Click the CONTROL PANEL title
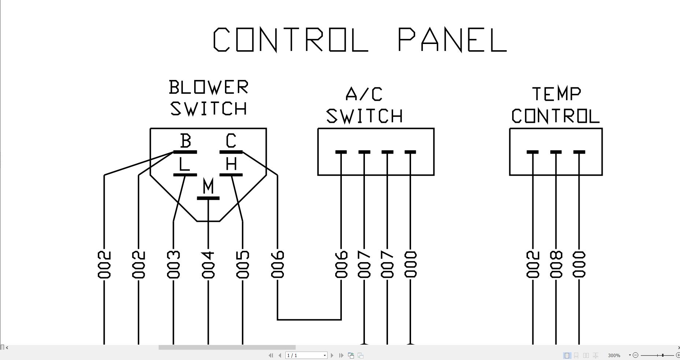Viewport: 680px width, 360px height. click(360, 40)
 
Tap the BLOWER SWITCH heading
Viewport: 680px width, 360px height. click(208, 98)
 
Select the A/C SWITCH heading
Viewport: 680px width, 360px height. click(365, 106)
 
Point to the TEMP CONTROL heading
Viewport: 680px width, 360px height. click(555, 106)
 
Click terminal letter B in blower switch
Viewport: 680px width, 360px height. click(186, 141)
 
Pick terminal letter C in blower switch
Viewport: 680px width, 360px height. click(231, 141)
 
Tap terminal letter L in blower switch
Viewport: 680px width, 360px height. click(184, 164)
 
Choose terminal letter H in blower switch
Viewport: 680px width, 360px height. click(231, 164)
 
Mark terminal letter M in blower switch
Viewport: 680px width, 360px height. click(208, 186)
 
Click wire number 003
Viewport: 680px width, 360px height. click(173, 265)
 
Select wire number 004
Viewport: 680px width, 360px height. click(208, 265)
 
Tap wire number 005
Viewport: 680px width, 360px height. click(243, 265)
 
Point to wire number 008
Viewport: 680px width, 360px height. click(556, 265)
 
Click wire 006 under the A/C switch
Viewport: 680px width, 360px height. click(341, 265)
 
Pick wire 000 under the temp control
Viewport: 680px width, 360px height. click(579, 265)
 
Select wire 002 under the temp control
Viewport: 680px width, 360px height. click(533, 265)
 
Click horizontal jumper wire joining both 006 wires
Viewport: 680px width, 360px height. click(309, 320)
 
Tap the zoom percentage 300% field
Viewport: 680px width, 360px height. click(614, 355)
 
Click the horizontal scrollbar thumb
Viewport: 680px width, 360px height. click(227, 348)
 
